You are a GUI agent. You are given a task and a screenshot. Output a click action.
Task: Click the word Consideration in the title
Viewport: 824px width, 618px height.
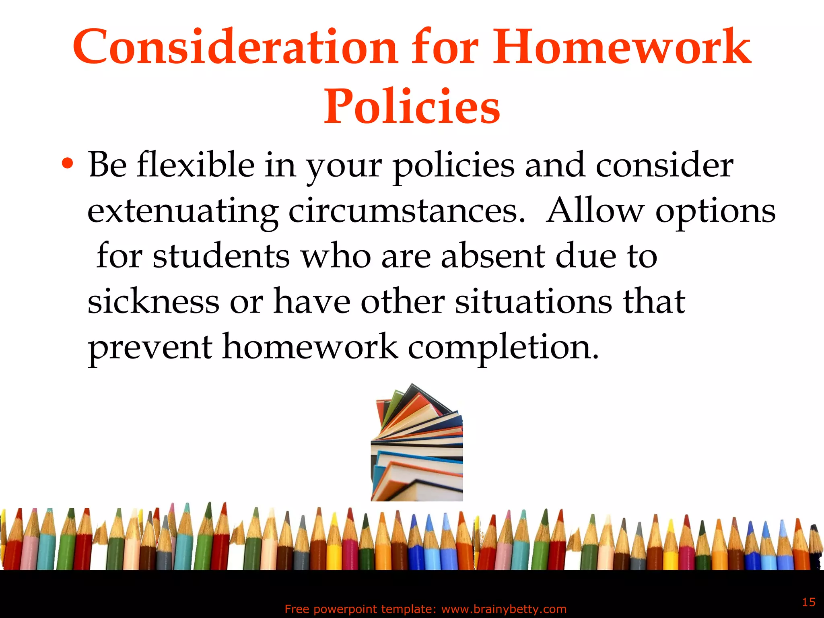[x=235, y=47]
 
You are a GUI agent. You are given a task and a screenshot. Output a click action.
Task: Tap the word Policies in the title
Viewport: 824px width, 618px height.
[x=412, y=107]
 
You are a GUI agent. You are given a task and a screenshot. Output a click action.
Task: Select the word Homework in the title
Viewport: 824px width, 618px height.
[x=622, y=47]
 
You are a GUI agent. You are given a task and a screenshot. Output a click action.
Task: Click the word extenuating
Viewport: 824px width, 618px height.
[x=183, y=212]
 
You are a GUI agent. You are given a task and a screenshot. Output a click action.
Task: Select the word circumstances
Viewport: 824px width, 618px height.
[x=406, y=211]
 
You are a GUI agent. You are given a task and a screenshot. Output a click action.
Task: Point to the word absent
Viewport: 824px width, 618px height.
[x=493, y=256]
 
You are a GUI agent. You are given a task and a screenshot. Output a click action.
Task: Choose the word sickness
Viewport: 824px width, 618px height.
[x=153, y=302]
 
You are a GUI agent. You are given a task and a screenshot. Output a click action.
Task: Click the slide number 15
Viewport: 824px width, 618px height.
[x=808, y=602]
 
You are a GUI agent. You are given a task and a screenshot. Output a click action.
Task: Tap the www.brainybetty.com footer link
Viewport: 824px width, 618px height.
[x=504, y=609]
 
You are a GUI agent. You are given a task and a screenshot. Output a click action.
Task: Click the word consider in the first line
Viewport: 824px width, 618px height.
[x=664, y=165]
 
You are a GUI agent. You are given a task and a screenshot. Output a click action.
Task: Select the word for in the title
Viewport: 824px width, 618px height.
[x=444, y=47]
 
